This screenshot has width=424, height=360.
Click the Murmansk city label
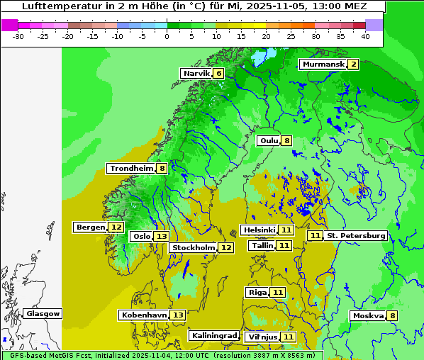323,64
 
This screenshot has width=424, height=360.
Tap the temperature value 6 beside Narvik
219,73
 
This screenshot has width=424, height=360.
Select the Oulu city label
269,140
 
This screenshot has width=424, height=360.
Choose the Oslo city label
142,236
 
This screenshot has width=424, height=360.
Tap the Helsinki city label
259,230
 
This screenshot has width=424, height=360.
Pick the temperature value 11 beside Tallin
284,245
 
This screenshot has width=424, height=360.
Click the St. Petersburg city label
356,235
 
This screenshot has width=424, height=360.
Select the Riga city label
257,292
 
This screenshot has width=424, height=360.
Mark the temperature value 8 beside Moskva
392,315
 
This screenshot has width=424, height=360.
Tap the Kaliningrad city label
214,335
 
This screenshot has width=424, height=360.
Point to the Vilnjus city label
262,337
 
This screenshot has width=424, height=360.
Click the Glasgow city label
43,313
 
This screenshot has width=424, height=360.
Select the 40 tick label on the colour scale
365,35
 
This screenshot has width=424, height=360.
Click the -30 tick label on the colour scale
18,35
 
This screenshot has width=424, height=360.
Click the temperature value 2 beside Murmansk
353,64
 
